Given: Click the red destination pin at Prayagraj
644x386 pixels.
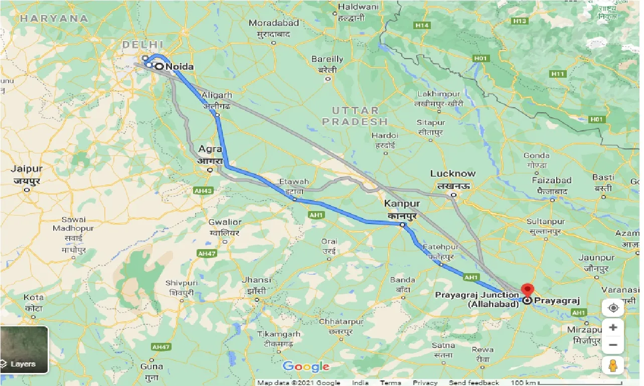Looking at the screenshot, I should (527, 290).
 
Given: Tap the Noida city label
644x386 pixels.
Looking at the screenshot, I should (180, 66).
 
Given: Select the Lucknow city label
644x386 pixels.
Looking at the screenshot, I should (452, 174).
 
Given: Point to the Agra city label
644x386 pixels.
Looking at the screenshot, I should (210, 149).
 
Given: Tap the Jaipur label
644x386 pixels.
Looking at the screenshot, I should (27, 169).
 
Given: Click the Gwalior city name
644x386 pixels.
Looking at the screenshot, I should (225, 222).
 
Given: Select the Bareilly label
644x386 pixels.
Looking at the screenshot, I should (327, 59).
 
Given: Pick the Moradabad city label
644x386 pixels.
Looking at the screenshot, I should (274, 23).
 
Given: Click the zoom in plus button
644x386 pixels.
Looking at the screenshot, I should (612, 328).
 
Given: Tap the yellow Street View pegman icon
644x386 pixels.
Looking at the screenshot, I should (612, 365).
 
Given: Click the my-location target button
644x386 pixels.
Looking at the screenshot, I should (612, 308).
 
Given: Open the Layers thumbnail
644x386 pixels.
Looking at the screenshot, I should (24, 349).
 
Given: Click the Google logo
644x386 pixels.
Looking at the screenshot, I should (306, 366).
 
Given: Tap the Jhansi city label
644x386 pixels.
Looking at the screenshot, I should (256, 280).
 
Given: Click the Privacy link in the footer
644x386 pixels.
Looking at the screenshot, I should (425, 382).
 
